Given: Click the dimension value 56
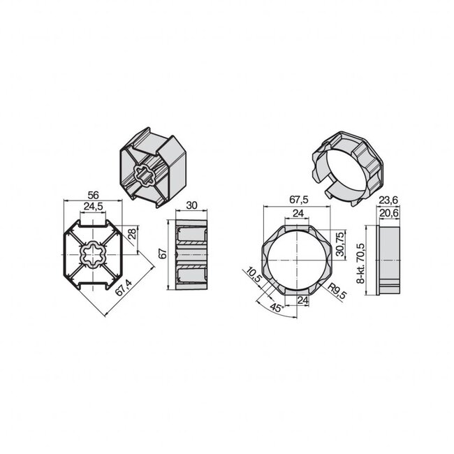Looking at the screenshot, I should click(94, 196).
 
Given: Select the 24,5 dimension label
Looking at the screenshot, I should click(94, 207).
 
